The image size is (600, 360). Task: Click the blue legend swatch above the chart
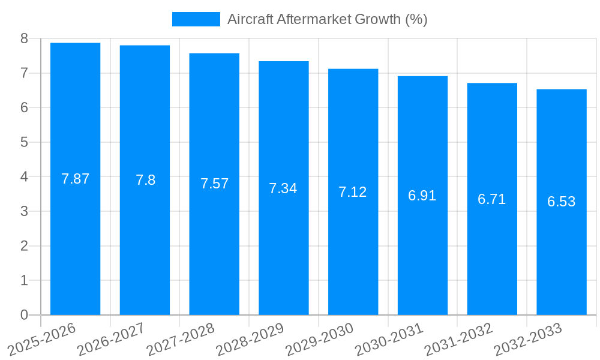click(196, 19)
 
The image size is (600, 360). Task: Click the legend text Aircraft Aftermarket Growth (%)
click(327, 19)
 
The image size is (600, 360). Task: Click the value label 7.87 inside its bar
click(76, 179)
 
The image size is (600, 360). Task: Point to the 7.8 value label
click(145, 180)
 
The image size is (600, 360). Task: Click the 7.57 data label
click(215, 184)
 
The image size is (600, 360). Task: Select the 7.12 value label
click(353, 192)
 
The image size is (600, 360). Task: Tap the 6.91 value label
click(422, 196)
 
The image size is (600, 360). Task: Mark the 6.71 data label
click(492, 199)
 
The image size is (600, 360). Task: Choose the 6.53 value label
click(562, 202)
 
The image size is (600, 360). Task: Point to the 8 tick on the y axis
click(24, 38)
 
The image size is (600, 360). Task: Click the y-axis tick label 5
click(24, 142)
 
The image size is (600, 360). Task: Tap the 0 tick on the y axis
click(24, 315)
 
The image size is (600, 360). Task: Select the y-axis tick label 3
click(24, 211)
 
